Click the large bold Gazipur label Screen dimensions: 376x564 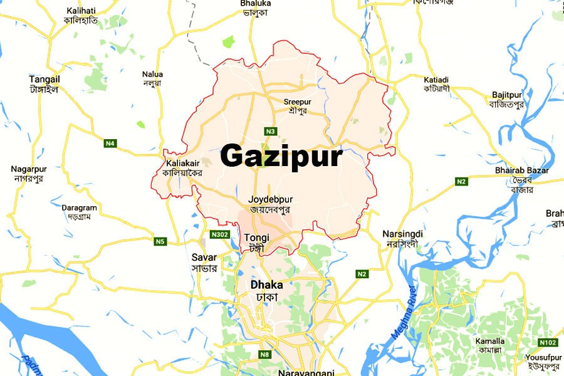pos(281,156)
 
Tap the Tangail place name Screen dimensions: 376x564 pos(44,80)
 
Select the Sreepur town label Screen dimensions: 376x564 pos(297,102)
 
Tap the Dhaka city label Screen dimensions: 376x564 pos(266,285)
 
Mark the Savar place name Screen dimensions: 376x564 pos(204,258)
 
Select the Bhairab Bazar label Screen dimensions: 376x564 pos(521,170)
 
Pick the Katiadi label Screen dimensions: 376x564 pos(436,80)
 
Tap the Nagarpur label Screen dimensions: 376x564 pos(29,169)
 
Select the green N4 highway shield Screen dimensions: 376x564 pos(110,144)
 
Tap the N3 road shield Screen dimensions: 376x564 pos(270,131)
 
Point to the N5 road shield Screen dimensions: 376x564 pos(160,241)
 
